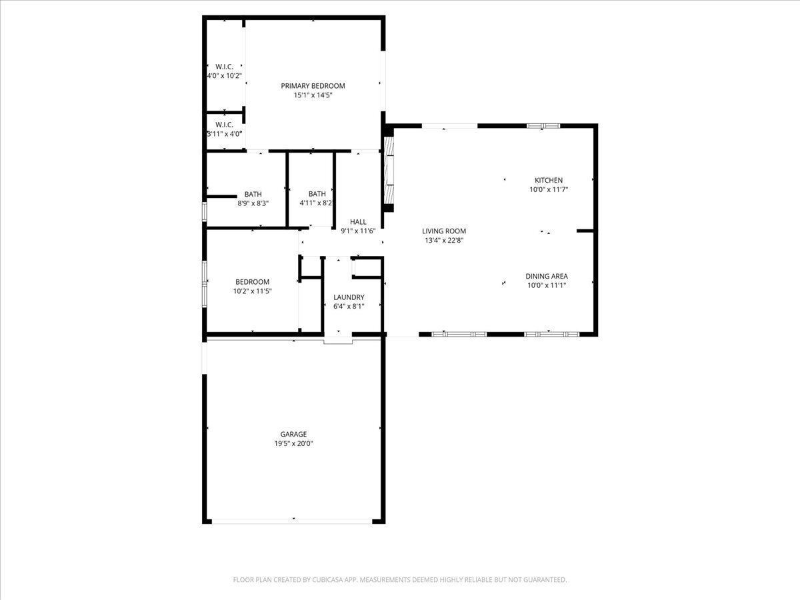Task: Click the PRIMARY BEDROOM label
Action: [313, 85]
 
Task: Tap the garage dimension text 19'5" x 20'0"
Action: [293, 443]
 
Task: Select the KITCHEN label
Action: [548, 180]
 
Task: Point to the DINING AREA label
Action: [546, 276]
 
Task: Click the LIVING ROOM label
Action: [443, 231]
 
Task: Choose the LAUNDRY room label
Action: [349, 297]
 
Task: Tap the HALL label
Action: [358, 222]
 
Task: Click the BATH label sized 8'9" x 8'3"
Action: [253, 194]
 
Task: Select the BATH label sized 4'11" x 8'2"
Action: [317, 194]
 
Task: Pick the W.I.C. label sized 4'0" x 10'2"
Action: [224, 67]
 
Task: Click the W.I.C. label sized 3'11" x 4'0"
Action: [224, 125]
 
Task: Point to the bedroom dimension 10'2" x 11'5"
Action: [252, 291]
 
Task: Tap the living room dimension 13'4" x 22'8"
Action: [443, 241]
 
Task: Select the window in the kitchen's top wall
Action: [543, 125]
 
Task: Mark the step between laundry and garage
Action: [338, 341]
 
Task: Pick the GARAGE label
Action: [293, 434]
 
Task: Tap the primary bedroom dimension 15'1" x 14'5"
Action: [313, 95]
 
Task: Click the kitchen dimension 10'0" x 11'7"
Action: [548, 189]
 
